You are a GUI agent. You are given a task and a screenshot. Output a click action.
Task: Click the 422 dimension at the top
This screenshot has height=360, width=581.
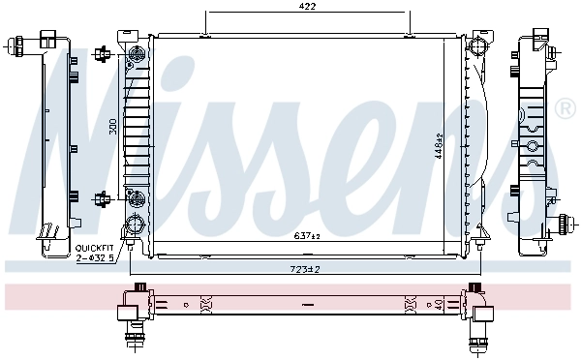307,6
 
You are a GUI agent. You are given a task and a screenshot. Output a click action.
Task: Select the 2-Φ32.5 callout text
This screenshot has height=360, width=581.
95,258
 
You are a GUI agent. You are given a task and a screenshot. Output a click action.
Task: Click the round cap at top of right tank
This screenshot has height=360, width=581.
476,47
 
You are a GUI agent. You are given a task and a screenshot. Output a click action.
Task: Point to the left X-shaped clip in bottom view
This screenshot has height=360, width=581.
204,304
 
